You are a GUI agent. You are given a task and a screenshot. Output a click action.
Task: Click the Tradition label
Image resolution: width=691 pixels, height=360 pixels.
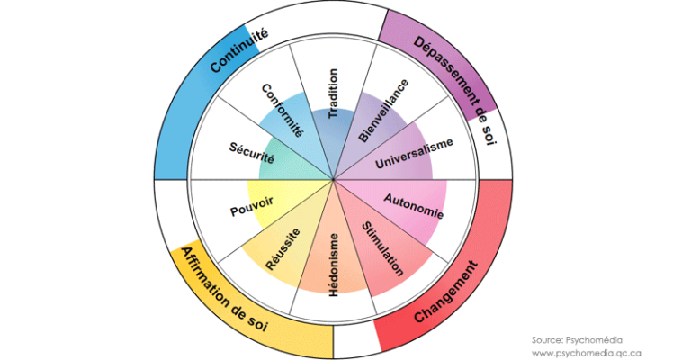tap(333, 94)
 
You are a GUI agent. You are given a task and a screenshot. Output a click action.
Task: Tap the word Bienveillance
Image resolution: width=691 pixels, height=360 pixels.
tap(383, 111)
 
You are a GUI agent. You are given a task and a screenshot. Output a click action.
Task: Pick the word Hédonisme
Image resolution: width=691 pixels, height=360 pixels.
tap(333, 263)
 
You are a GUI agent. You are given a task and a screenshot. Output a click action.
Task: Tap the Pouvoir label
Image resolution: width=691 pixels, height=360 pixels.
tap(251, 206)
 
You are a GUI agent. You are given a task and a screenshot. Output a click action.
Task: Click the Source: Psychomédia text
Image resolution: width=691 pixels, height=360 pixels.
tap(576, 339)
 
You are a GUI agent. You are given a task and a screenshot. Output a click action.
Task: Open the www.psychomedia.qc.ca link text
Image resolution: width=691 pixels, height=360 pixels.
tap(587, 353)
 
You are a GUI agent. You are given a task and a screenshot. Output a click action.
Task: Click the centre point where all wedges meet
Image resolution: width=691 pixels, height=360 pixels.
tap(333, 178)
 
